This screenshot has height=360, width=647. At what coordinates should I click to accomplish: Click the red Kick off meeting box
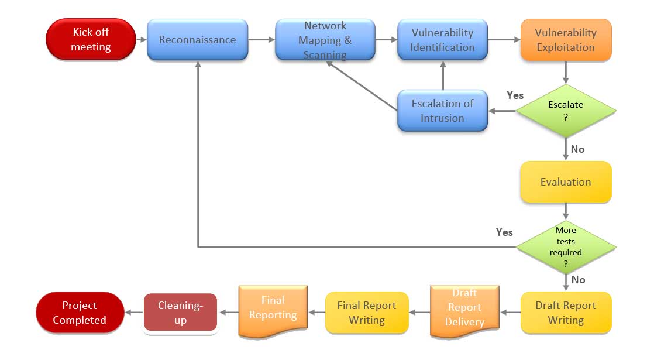(91, 40)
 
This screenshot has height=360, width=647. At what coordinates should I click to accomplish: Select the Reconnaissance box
(197, 40)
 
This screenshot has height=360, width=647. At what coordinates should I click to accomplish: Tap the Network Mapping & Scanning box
(325, 40)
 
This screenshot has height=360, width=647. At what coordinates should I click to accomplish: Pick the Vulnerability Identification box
(442, 40)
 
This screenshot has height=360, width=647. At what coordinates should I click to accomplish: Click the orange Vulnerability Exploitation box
(566, 40)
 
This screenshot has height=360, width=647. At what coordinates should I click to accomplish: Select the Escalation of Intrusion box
(442, 111)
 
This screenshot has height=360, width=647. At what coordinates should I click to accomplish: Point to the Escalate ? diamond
(566, 111)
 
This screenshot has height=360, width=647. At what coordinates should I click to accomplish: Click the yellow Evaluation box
(566, 182)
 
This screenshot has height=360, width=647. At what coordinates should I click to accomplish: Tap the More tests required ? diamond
(566, 246)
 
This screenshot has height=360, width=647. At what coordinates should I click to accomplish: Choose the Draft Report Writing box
(566, 313)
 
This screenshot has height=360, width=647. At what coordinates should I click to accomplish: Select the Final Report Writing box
(367, 313)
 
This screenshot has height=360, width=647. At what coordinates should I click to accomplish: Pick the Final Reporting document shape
(273, 309)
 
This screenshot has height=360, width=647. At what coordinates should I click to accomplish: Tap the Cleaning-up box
(180, 313)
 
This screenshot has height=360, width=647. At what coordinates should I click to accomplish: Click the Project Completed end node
(80, 313)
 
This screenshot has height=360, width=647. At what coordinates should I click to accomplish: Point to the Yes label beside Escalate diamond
(515, 95)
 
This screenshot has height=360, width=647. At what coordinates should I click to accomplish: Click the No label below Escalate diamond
(577, 149)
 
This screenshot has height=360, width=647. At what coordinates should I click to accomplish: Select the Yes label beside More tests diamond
(504, 232)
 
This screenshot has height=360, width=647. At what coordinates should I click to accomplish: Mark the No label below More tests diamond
(578, 280)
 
